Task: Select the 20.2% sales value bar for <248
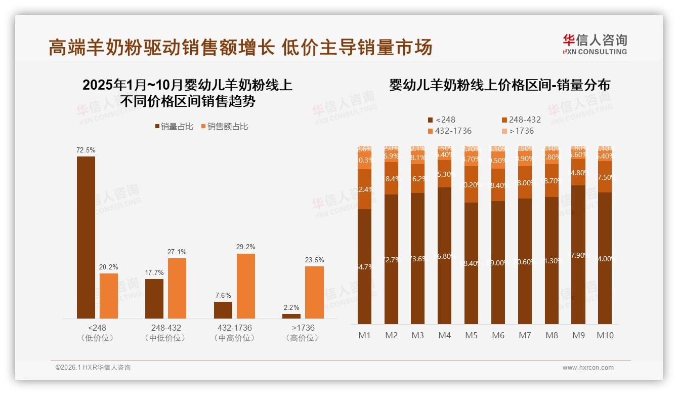coord(109,296)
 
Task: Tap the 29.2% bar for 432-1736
coord(246,286)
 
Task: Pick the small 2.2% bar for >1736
coord(291,316)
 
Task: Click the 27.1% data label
coord(177,252)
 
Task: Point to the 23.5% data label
coord(314,260)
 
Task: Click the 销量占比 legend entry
coord(174,127)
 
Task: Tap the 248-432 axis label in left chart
coord(165,328)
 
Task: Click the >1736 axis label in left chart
coord(303,328)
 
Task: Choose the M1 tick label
coord(365,335)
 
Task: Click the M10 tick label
coord(605,335)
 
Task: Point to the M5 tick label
coord(472,335)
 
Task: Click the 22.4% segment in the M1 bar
coord(365,189)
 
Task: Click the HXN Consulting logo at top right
coord(595,44)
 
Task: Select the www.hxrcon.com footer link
coord(588,368)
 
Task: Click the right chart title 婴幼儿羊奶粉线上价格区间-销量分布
coord(499,85)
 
